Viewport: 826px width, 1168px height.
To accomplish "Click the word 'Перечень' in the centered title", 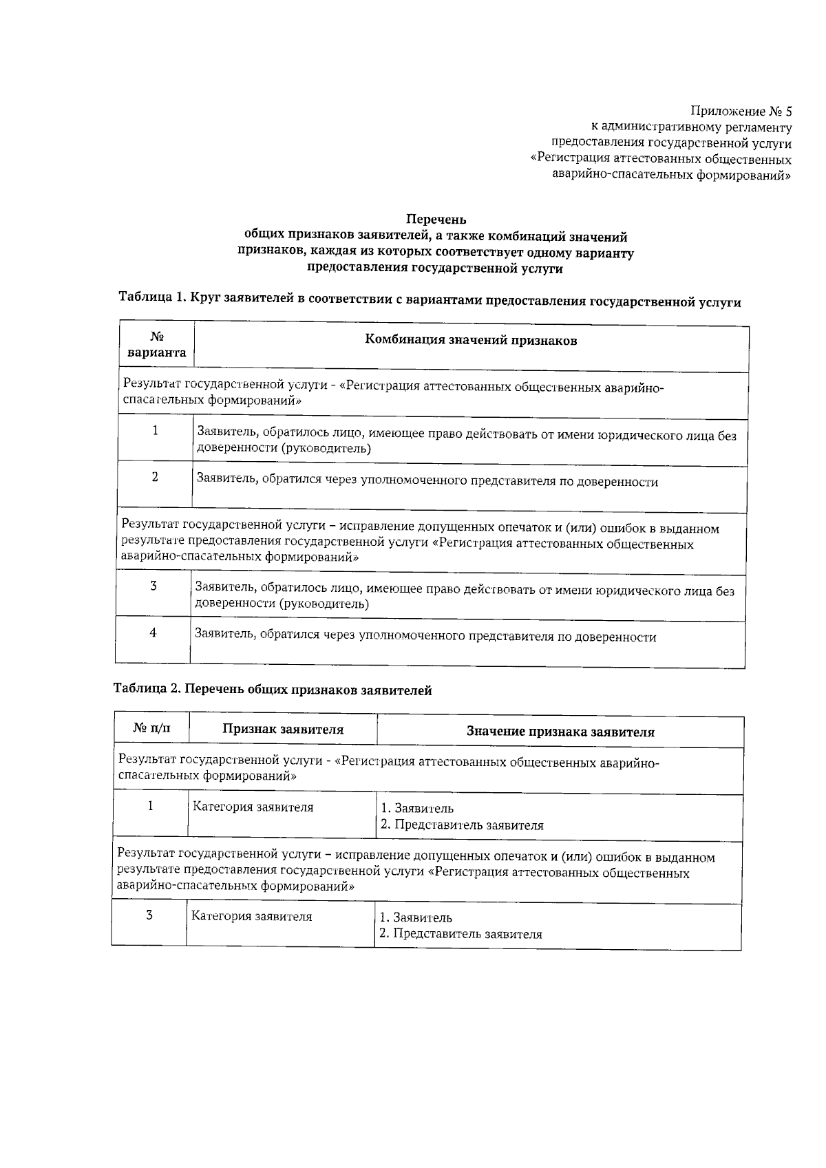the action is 436,220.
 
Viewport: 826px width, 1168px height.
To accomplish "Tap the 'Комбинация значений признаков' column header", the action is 471,340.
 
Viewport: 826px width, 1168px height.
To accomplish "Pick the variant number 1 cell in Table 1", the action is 156,431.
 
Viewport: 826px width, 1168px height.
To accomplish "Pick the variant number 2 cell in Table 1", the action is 156,477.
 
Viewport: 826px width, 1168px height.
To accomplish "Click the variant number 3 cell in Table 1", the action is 153,586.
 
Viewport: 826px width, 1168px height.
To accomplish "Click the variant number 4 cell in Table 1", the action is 153,633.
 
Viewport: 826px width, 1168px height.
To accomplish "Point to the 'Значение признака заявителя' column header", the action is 560,732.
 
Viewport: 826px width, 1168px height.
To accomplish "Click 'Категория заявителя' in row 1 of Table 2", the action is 253,807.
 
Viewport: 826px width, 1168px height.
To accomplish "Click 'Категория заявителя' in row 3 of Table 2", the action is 251,917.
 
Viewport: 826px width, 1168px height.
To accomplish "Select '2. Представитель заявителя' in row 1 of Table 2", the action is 462,825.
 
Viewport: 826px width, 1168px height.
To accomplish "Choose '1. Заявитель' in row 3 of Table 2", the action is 416,917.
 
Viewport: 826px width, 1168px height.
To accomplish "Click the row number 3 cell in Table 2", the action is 149,915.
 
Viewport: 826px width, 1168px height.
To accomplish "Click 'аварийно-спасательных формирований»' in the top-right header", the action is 672,175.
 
